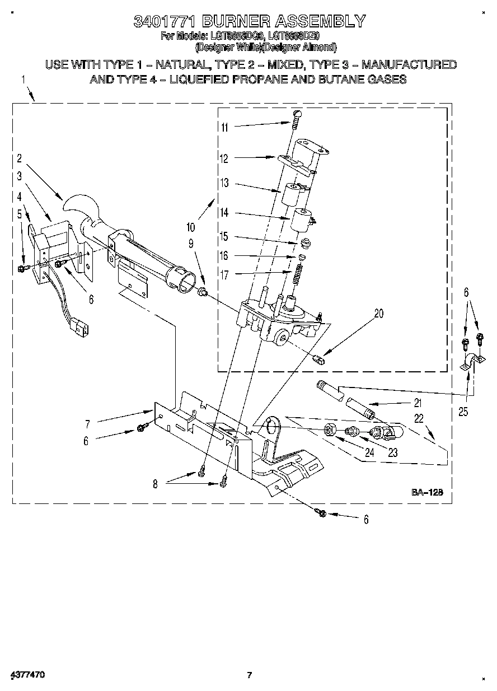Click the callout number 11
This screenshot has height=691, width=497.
pyautogui.click(x=224, y=127)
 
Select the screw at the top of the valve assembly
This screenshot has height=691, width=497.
pyautogui.click(x=296, y=115)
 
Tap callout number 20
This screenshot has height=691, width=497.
pyautogui.click(x=378, y=314)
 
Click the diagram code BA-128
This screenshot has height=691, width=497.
pyautogui.click(x=427, y=492)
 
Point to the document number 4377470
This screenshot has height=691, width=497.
pyautogui.click(x=27, y=675)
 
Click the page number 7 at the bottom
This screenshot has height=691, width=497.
pyautogui.click(x=250, y=675)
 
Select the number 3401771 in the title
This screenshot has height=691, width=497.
pyautogui.click(x=164, y=22)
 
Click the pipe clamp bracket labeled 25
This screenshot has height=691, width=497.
pyautogui.click(x=468, y=362)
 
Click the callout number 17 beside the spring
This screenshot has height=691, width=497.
pyautogui.click(x=224, y=274)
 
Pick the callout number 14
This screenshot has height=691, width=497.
pyautogui.click(x=224, y=213)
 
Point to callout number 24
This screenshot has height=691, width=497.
pyautogui.click(x=369, y=453)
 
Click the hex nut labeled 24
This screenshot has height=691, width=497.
pyautogui.click(x=330, y=430)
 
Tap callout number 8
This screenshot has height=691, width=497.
pyautogui.click(x=155, y=484)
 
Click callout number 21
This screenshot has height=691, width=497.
pyautogui.click(x=418, y=403)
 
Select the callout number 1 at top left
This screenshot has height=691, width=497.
pyautogui.click(x=24, y=80)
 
